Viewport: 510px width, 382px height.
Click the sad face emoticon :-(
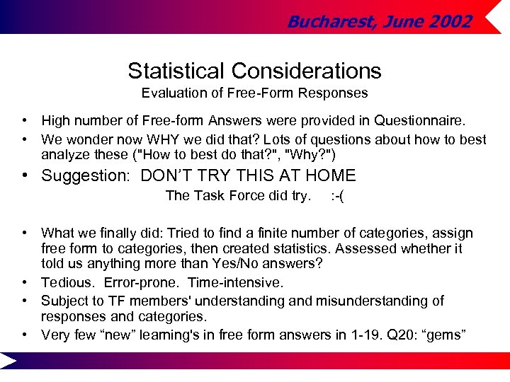[338, 196]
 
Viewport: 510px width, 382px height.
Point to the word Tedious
[67, 283]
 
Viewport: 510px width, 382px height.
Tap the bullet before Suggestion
[25, 175]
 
